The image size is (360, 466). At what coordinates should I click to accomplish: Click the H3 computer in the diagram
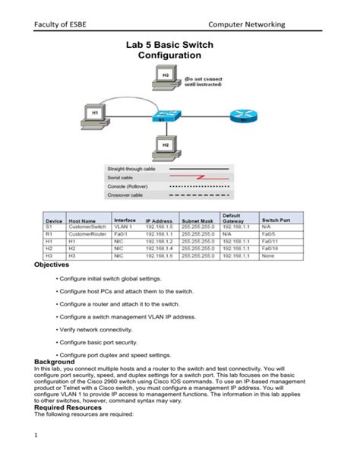166,78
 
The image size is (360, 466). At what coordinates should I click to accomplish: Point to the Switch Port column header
275,219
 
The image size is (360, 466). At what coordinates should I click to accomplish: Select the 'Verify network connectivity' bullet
98,329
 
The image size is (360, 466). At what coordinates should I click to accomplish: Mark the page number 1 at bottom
36,456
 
